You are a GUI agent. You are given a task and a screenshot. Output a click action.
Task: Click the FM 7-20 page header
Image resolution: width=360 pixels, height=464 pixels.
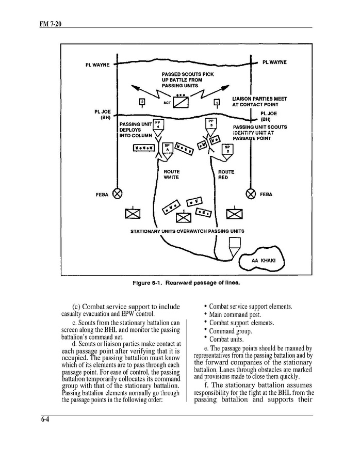(x=51, y=24)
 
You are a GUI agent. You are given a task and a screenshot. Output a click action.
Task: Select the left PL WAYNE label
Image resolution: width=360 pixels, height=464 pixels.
(x=97, y=65)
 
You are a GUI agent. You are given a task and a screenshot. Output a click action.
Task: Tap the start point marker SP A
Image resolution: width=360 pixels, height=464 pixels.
(x=167, y=148)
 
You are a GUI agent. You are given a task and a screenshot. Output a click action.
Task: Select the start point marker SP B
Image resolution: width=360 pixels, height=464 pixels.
(x=227, y=149)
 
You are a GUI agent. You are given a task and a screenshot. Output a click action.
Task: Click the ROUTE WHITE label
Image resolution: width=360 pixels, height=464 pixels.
(x=171, y=174)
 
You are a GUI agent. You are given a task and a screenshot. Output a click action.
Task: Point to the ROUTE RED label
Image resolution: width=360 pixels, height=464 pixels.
(x=226, y=174)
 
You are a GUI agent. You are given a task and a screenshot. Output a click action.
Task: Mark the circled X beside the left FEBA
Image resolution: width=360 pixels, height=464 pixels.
(x=118, y=194)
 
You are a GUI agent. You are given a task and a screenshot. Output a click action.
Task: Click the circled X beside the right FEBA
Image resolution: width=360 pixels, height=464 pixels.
(x=251, y=194)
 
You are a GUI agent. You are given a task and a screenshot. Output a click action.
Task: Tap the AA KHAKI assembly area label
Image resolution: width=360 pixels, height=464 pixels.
(x=264, y=260)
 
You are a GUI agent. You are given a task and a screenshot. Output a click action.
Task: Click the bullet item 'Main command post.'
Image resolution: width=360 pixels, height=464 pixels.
(x=235, y=315)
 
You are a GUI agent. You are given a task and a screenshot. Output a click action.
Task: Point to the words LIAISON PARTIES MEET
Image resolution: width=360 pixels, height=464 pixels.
(x=259, y=99)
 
